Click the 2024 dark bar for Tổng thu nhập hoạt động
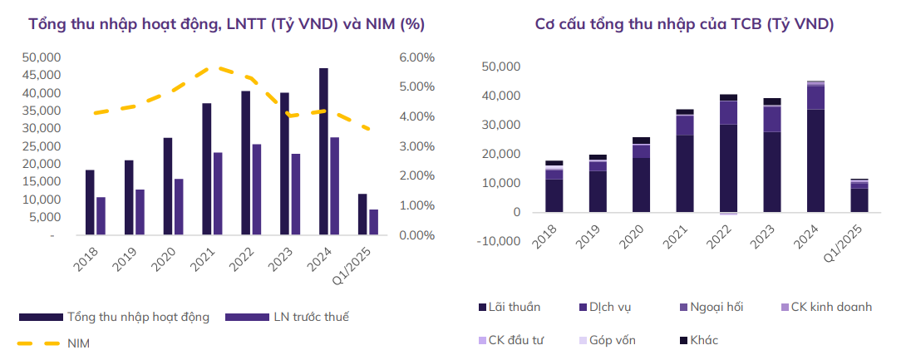(x=323, y=152)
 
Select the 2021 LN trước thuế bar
(x=218, y=194)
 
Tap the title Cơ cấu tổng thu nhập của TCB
(x=684, y=24)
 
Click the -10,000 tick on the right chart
(x=500, y=242)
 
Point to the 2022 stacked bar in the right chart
(x=728, y=155)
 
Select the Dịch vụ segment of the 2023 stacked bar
(x=772, y=119)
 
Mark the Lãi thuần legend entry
(x=510, y=307)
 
